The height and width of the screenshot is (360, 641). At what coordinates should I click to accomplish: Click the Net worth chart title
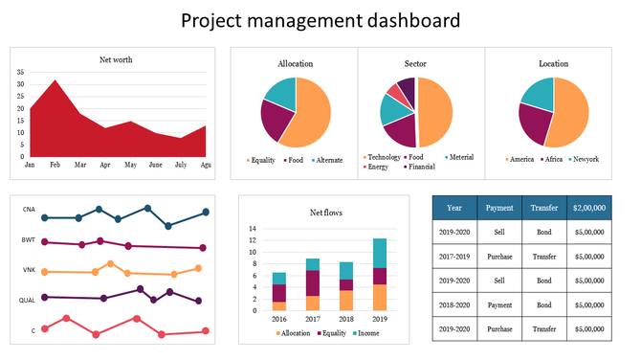(116, 59)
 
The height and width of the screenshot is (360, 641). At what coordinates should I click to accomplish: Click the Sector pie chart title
(415, 64)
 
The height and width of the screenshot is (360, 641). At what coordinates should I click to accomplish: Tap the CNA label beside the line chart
(30, 209)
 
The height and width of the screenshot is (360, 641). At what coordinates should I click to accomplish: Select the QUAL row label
(28, 300)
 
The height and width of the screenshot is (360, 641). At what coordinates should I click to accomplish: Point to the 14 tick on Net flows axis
(254, 230)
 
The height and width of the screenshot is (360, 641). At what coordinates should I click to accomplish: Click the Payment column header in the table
(498, 207)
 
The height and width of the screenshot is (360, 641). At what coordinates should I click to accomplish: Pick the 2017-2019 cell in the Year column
(454, 256)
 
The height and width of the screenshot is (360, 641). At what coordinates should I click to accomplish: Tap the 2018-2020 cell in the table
(454, 304)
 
